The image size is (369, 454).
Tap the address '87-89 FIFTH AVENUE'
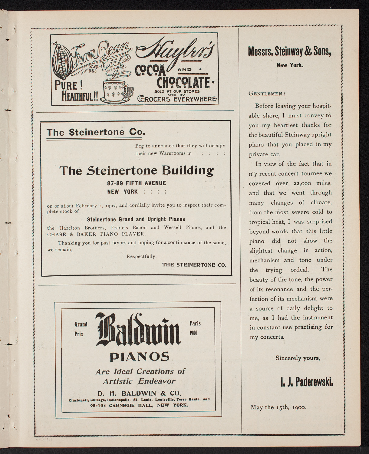pos(136,183)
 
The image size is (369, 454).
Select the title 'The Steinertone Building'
pos(136,170)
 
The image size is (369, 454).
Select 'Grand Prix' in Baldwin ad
pos(81,329)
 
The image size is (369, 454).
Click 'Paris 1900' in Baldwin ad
pos(195,328)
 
